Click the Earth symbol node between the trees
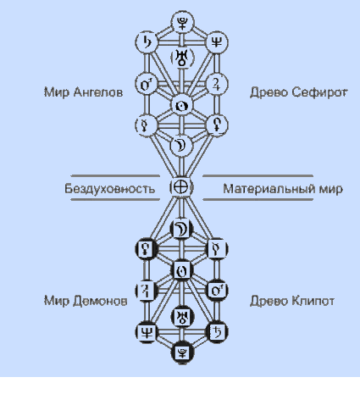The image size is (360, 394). click(x=181, y=187)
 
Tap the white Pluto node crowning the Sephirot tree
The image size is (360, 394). click(x=182, y=23)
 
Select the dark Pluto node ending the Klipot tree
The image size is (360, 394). click(x=182, y=352)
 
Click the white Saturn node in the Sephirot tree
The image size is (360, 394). click(x=147, y=42)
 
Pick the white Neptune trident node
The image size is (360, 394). click(x=217, y=42)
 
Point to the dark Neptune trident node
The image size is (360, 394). click(x=147, y=332)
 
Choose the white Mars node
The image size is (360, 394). click(x=147, y=84)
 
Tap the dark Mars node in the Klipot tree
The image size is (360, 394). click(x=217, y=291)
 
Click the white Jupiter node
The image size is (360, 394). click(x=217, y=84)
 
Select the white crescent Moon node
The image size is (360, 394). click(x=181, y=146)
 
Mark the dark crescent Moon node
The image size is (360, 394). click(x=182, y=229)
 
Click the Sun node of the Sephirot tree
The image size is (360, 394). click(x=182, y=106)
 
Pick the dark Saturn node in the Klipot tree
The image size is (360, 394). click(x=217, y=332)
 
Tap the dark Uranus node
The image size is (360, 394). click(x=182, y=317)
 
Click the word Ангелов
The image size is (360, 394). click(x=98, y=92)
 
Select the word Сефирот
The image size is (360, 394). click(x=319, y=92)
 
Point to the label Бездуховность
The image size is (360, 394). click(x=110, y=188)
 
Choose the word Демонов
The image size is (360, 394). click(x=100, y=301)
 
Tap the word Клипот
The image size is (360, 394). click(x=313, y=301)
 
